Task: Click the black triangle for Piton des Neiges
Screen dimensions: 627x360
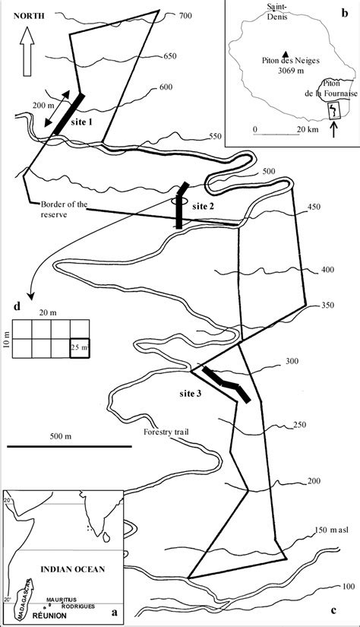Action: [285, 52]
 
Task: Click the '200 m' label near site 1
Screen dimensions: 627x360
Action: [44, 104]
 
